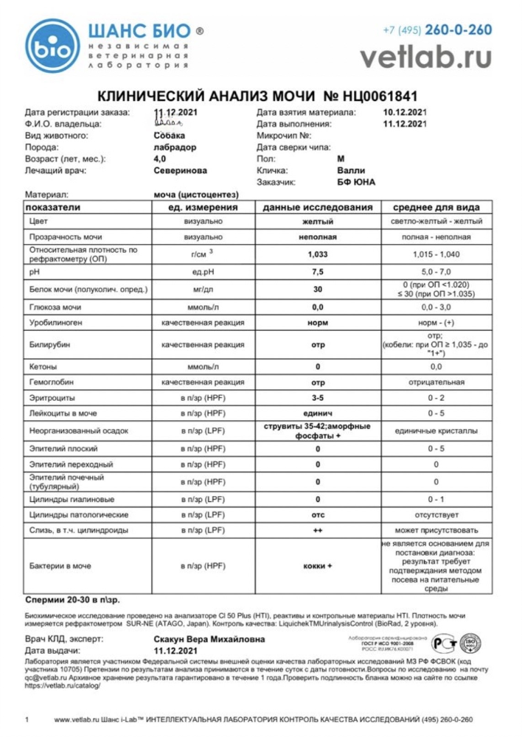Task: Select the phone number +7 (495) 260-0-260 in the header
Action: tap(436, 30)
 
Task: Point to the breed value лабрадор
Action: tap(175, 147)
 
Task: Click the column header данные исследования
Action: tap(318, 207)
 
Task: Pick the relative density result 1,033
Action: tap(318, 254)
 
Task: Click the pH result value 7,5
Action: tap(318, 272)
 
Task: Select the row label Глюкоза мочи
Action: tap(55, 307)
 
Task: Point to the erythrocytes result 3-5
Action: tap(318, 398)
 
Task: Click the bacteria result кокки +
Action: tap(318, 566)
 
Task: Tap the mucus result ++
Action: tap(318, 530)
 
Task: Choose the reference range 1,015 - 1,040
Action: tap(436, 254)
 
